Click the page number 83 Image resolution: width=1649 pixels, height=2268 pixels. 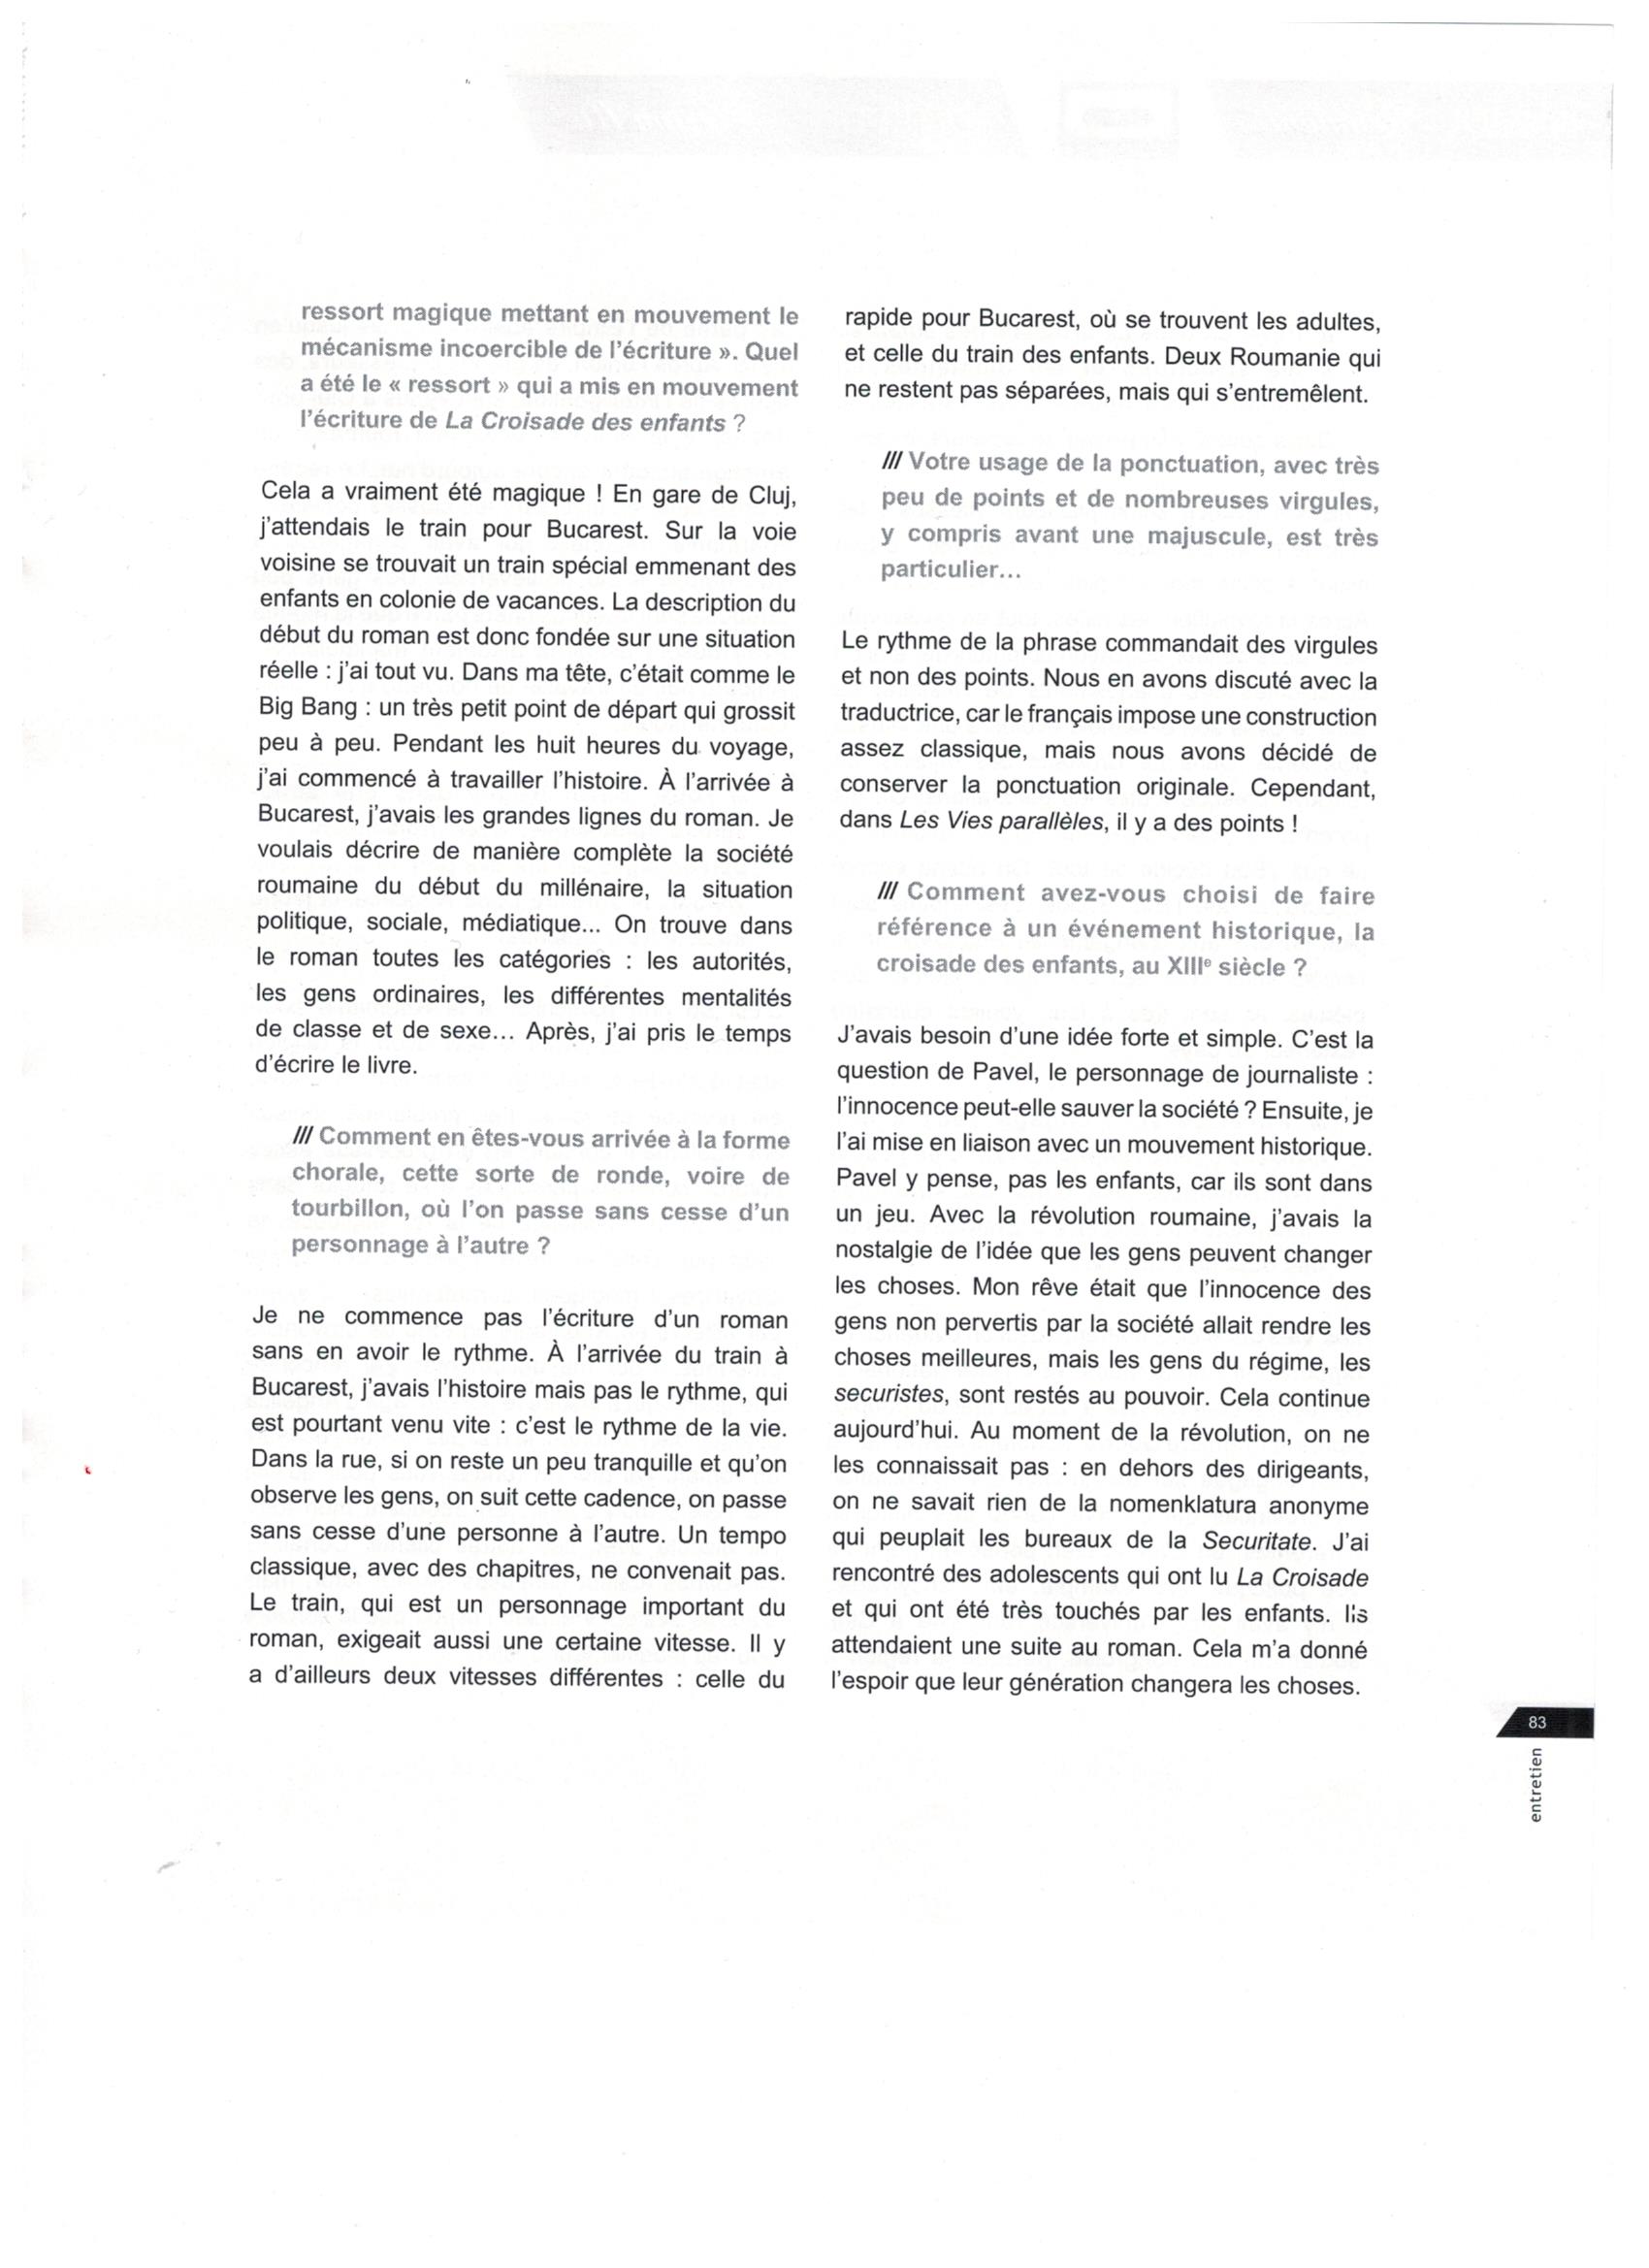[1536, 1722]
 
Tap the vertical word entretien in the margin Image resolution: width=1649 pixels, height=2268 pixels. [1535, 1784]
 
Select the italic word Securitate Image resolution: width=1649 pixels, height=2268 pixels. [1255, 1541]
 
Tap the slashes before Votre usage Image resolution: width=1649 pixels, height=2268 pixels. [892, 463]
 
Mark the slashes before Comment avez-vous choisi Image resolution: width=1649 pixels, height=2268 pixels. [890, 893]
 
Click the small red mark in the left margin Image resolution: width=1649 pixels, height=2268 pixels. [87, 1470]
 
